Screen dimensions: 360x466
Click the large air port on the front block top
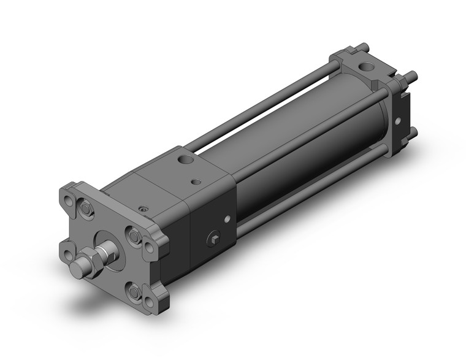(x=183, y=160)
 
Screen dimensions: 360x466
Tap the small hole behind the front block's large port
(x=196, y=182)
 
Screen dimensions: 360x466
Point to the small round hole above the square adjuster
(x=227, y=218)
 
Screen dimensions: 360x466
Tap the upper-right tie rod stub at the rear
(x=414, y=76)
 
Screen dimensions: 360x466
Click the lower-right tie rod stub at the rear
(x=413, y=131)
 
